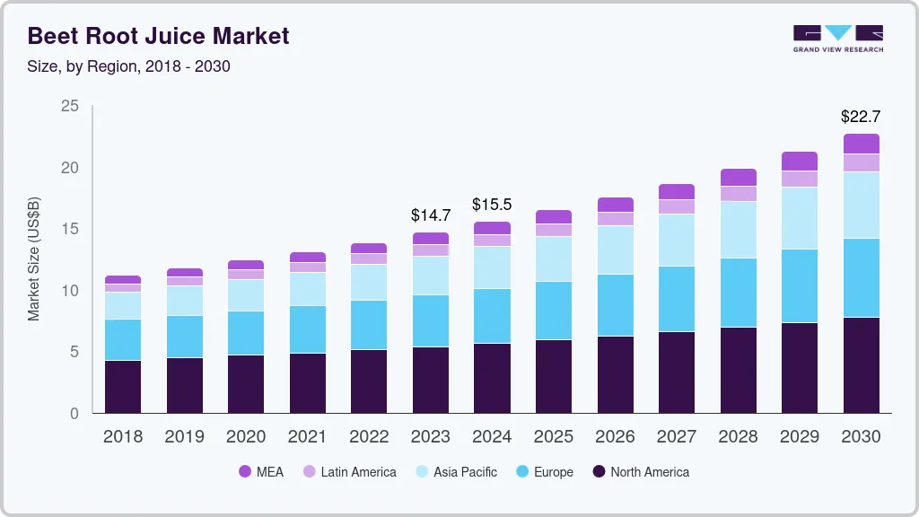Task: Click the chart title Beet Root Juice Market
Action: [x=158, y=36]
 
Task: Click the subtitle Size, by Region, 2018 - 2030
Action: [x=129, y=66]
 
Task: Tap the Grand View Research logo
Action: [x=837, y=38]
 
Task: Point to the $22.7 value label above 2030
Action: [x=861, y=117]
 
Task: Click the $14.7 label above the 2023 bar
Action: [x=431, y=215]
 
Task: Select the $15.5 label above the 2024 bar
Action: [x=492, y=205]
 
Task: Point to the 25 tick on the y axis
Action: [x=69, y=107]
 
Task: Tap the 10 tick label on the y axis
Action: [x=69, y=291]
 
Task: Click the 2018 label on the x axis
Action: [x=123, y=437]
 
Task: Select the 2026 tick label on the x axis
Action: [x=615, y=437]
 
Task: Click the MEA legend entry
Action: [x=260, y=472]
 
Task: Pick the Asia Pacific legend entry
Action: [x=455, y=472]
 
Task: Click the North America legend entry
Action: [x=640, y=472]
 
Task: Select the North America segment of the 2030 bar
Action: [x=862, y=365]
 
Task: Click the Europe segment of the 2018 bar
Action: [x=123, y=339]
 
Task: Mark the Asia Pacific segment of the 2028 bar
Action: [x=739, y=230]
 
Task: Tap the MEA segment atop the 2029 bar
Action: [x=800, y=162]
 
